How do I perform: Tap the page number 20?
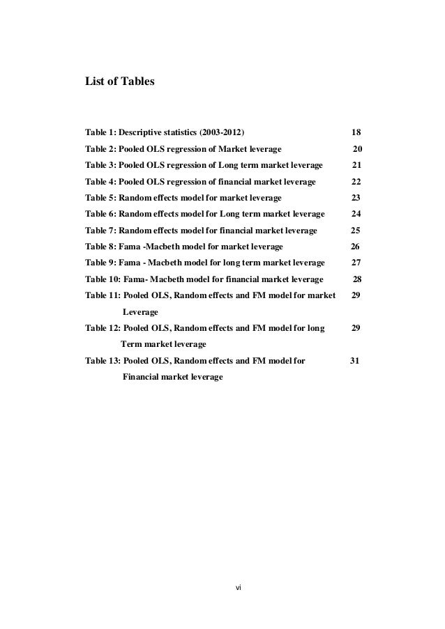click(357, 148)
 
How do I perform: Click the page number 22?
click(356, 181)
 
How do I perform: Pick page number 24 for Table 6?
click(356, 214)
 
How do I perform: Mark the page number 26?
click(355, 247)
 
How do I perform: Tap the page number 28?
click(357, 279)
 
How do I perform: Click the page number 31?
click(354, 361)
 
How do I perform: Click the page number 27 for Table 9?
click(356, 263)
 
